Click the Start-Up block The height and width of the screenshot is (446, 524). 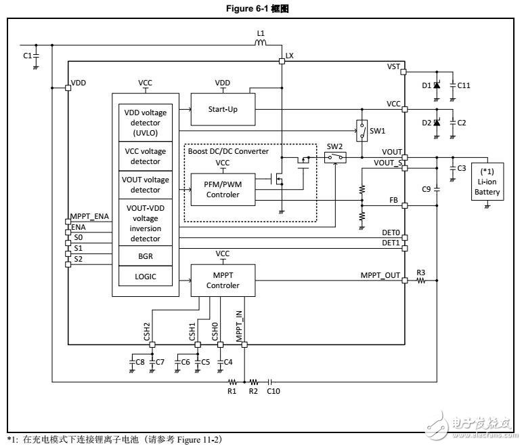pyautogui.click(x=223, y=110)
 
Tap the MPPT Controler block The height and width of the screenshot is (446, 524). pyautogui.click(x=223, y=280)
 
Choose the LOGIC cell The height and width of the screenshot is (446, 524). pyautogui.click(x=144, y=276)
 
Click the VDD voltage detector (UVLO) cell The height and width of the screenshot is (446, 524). pyautogui.click(x=144, y=122)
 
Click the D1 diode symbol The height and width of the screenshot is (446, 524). pyautogui.click(x=437, y=85)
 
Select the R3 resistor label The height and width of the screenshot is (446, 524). pyautogui.click(x=420, y=272)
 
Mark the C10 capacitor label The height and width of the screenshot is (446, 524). pyautogui.click(x=274, y=391)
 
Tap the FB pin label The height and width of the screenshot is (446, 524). pyautogui.click(x=392, y=200)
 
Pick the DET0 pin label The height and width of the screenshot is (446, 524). pyautogui.click(x=391, y=232)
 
